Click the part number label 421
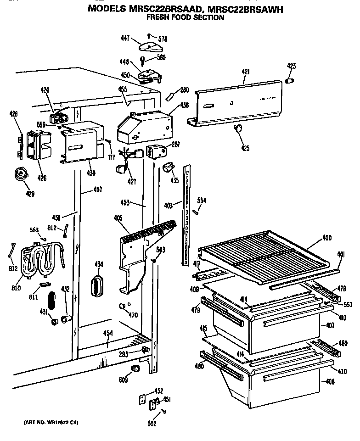(x=246, y=72)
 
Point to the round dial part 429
(x=20, y=174)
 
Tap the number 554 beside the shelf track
(x=202, y=201)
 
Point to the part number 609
(x=124, y=380)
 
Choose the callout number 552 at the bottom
(x=152, y=424)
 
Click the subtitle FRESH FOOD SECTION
(x=185, y=17)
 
